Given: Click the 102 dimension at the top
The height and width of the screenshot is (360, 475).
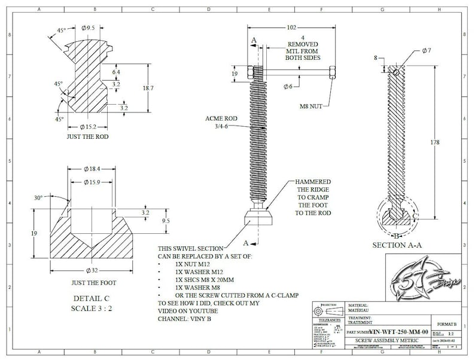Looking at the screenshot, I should (291, 27).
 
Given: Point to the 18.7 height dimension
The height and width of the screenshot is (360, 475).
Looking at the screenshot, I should (156, 88).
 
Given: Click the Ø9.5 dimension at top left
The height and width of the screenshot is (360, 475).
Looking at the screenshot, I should (89, 28).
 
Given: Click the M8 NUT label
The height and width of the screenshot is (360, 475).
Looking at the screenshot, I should (311, 106).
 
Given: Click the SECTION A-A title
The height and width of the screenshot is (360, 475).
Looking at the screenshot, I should (397, 245).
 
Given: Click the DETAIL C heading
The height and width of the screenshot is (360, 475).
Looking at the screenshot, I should (90, 297).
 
